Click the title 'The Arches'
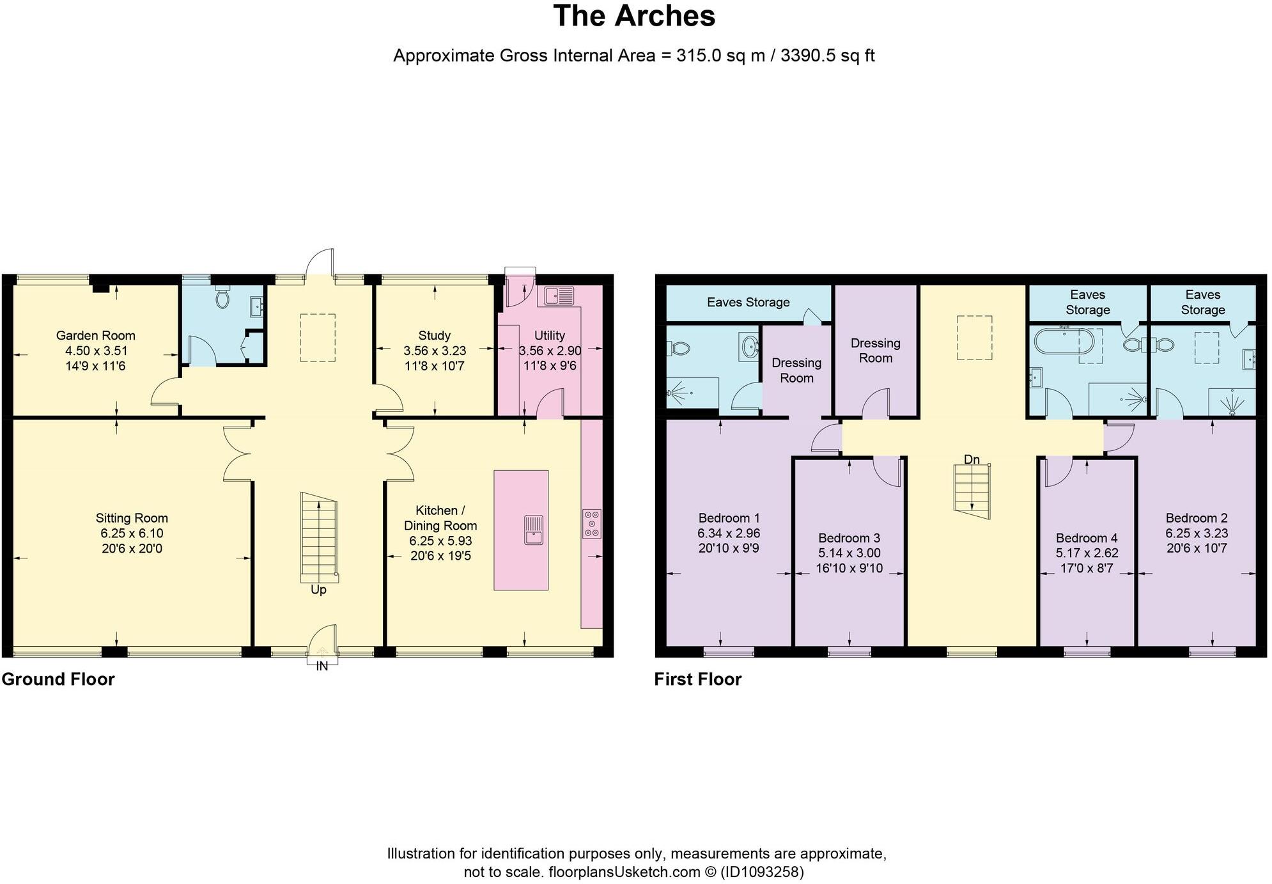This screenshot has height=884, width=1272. point(634,16)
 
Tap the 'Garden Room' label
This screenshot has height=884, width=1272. point(96,335)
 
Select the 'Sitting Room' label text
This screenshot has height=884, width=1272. point(132,518)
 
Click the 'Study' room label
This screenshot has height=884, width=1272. point(435,335)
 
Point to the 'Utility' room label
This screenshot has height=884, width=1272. point(550,335)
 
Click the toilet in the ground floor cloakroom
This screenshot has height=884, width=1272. point(222,297)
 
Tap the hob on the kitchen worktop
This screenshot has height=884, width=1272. point(592,523)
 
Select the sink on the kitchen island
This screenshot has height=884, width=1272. point(533,530)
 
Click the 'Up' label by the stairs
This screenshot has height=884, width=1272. point(318,590)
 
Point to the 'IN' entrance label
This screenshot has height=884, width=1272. point(322,666)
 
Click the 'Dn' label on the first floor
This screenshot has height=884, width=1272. point(972,459)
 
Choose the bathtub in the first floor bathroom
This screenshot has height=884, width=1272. point(1064,341)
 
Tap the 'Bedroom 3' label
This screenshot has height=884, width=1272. point(849,538)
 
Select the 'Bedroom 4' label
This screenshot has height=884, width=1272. point(1087,538)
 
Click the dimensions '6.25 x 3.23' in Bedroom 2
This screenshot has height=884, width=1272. point(1197,533)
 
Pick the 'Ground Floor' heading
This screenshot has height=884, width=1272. point(58,679)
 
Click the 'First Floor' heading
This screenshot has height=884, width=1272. point(698,679)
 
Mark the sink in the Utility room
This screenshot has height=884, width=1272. point(559,296)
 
